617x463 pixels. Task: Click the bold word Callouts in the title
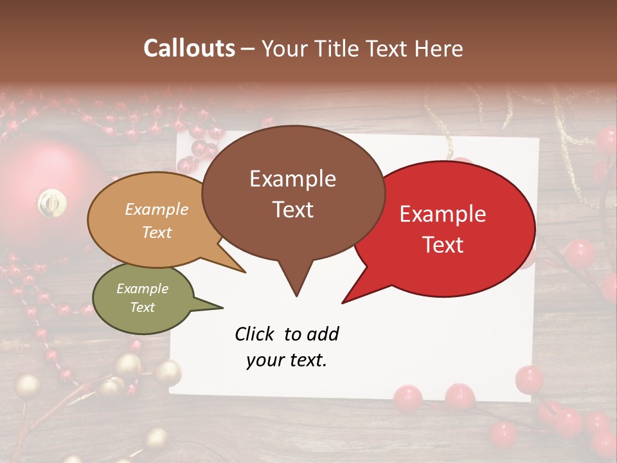click(x=189, y=48)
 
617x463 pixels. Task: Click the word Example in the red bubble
click(x=442, y=215)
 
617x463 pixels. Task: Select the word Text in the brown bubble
click(x=292, y=210)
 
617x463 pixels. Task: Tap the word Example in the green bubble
click(x=142, y=289)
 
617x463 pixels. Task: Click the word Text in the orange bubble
click(x=157, y=232)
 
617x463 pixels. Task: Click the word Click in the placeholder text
click(x=255, y=334)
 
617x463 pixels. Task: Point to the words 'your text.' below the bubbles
click(x=286, y=360)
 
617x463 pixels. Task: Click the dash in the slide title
click(x=247, y=49)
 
